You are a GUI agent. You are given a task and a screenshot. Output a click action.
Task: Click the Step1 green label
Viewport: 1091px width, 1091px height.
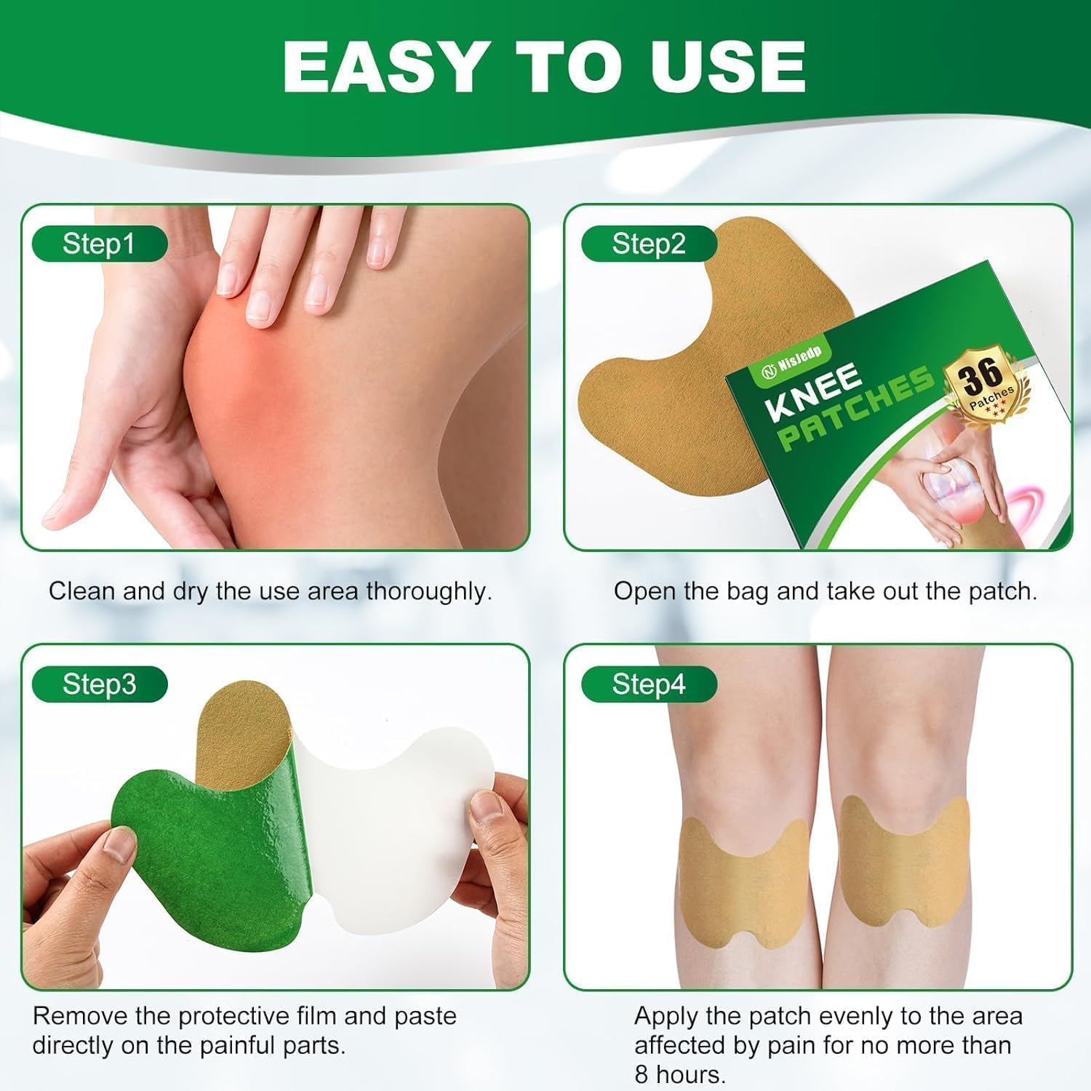100,244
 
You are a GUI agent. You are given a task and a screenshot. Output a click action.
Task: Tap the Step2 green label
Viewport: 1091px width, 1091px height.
649,244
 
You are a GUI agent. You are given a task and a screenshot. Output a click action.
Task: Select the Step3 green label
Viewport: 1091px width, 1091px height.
100,684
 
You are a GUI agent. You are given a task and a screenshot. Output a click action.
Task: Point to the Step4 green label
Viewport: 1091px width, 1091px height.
649,684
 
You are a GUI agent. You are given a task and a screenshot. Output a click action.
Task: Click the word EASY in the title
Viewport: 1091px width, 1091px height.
383,66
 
